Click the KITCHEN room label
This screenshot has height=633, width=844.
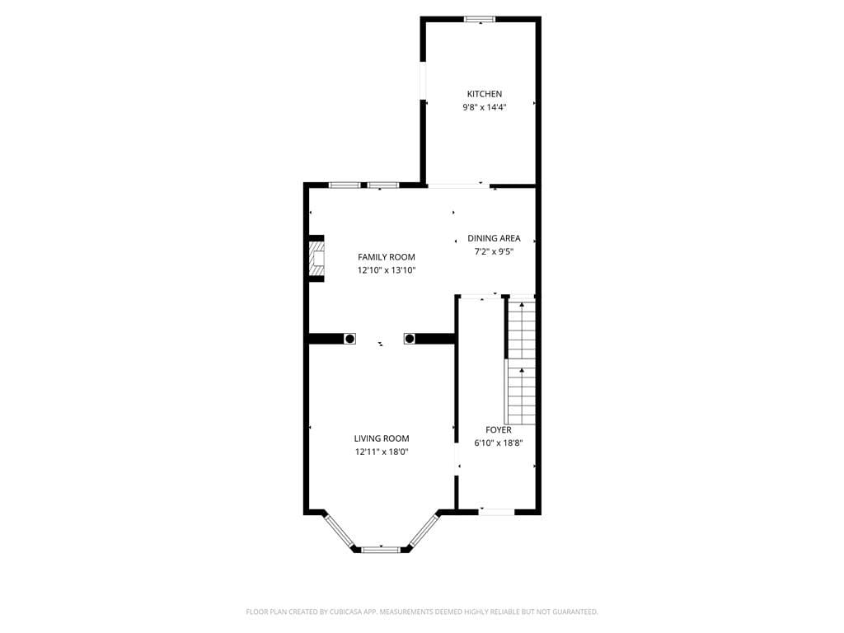(x=484, y=94)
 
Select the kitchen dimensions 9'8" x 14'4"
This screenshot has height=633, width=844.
(x=484, y=107)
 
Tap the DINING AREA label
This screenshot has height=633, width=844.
(x=494, y=238)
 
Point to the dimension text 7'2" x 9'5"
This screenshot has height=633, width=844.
(x=494, y=251)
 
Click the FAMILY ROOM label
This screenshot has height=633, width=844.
(x=386, y=257)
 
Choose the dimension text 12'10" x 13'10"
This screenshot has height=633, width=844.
(x=386, y=270)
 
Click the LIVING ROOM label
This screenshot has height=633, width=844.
(x=382, y=438)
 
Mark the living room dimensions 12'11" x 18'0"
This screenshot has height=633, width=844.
(x=382, y=452)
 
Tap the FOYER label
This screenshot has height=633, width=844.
(x=498, y=430)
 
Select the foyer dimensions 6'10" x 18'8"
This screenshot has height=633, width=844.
(x=498, y=443)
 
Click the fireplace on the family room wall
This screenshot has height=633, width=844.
(x=316, y=259)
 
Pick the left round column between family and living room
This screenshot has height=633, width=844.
(x=349, y=339)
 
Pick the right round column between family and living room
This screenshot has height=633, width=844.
(x=409, y=339)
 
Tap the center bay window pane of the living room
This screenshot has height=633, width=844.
(x=381, y=549)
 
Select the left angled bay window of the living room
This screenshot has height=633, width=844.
(x=340, y=531)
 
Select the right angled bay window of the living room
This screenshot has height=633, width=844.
(x=424, y=531)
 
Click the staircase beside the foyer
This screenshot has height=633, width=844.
(x=521, y=363)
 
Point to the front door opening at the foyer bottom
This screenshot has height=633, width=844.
(x=497, y=512)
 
